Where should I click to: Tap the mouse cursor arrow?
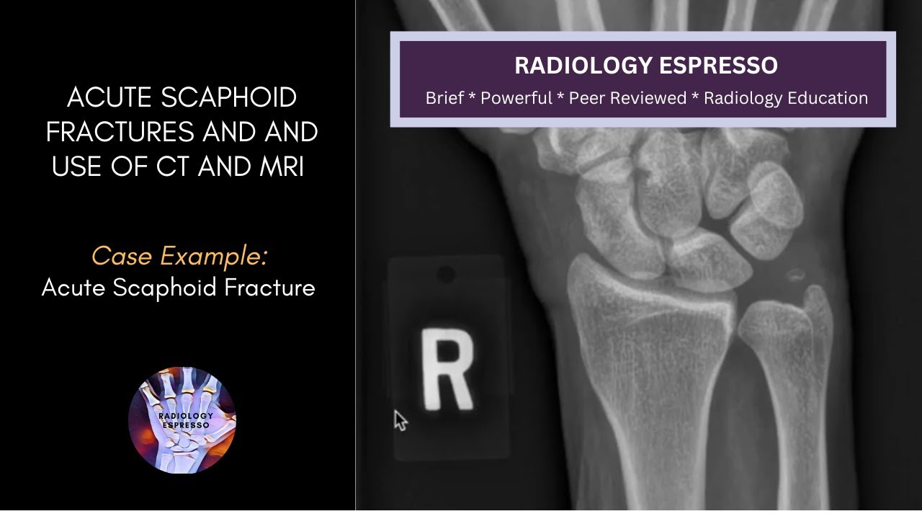400,420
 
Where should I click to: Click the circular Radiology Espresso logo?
182,420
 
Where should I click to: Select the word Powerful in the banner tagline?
516,98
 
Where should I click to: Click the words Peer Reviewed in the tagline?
627,98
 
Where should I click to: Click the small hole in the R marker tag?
446,274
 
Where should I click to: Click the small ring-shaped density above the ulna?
795,275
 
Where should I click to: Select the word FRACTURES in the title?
120,132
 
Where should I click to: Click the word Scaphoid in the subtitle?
174,288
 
